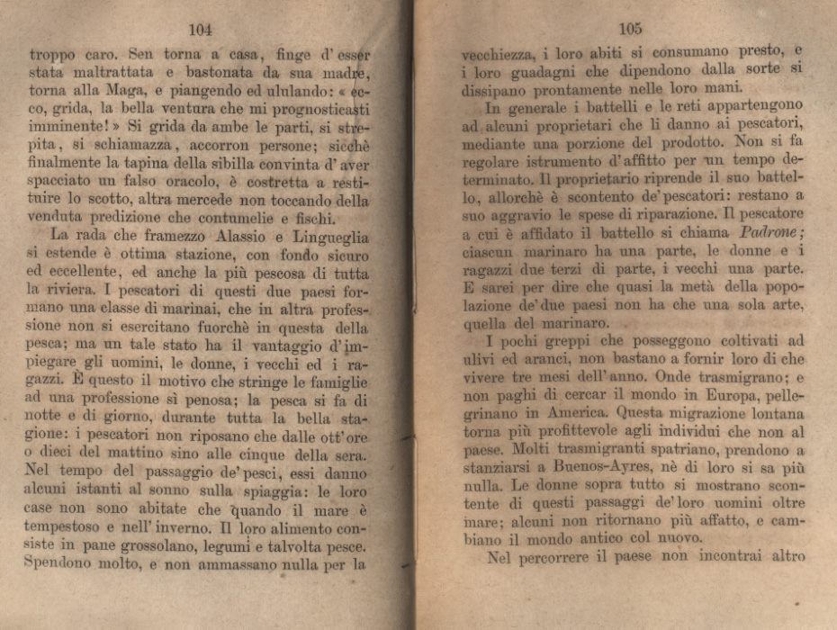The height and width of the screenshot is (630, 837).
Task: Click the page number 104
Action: (x=201, y=29)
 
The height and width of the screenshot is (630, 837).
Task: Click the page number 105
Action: (x=630, y=29)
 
